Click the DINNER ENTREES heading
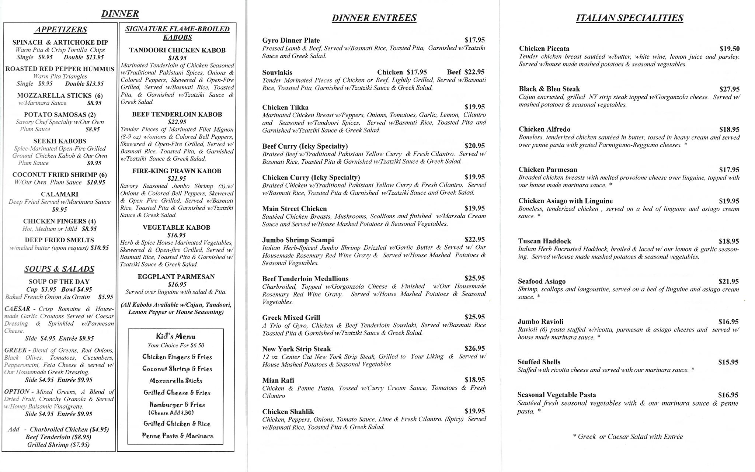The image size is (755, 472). pyautogui.click(x=374, y=18)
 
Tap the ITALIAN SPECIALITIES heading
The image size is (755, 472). pyautogui.click(x=629, y=18)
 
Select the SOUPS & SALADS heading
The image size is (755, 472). pyautogui.click(x=59, y=269)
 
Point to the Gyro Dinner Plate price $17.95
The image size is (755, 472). pyautogui.click(x=474, y=40)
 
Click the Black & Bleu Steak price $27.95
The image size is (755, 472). pyautogui.click(x=729, y=89)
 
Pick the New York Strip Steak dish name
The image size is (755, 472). pyautogui.click(x=296, y=349)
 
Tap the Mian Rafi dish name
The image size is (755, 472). pyautogui.click(x=278, y=380)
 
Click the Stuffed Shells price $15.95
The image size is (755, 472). pyautogui.click(x=728, y=362)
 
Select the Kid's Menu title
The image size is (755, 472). pyautogui.click(x=176, y=336)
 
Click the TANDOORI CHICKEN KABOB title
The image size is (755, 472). pyautogui.click(x=177, y=50)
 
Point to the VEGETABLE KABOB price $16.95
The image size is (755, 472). pyautogui.click(x=177, y=235)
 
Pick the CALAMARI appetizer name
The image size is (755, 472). pyautogui.click(x=59, y=194)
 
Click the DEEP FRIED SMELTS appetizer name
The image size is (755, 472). pyautogui.click(x=59, y=240)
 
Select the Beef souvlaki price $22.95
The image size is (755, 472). pyautogui.click(x=466, y=72)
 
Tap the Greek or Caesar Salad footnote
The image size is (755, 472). pyautogui.click(x=628, y=437)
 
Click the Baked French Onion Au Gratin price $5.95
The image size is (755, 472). pyautogui.click(x=106, y=297)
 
